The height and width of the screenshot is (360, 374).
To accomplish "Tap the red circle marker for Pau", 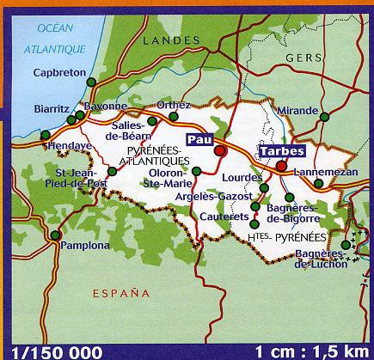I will coord(220,150).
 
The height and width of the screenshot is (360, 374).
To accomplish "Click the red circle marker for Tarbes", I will coord(281,166).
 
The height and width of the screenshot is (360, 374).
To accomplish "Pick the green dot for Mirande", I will coord(324,116).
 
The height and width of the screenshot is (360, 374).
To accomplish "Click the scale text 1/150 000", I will coord(52,351).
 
